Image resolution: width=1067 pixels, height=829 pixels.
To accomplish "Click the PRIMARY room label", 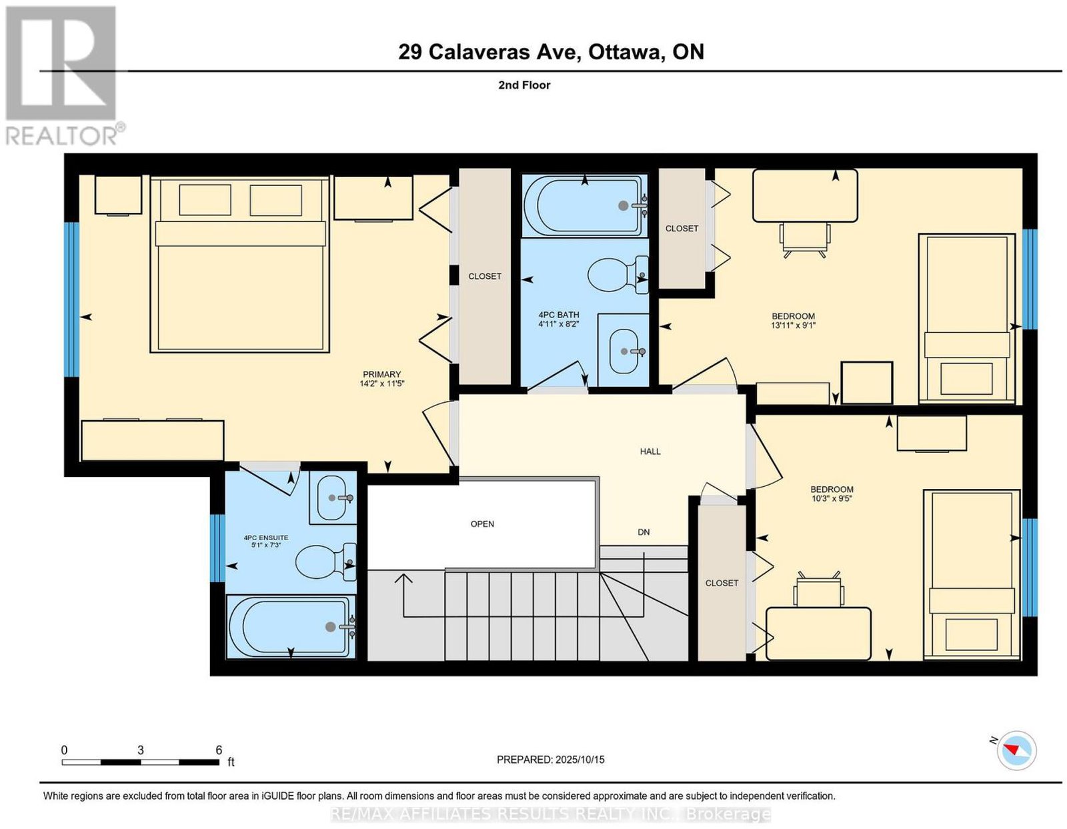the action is click(x=381, y=374).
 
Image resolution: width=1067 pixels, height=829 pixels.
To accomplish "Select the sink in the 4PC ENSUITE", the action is click(x=332, y=498).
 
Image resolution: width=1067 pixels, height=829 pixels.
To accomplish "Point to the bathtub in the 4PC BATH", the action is click(x=584, y=205).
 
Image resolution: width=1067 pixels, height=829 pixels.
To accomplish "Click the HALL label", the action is click(x=650, y=452).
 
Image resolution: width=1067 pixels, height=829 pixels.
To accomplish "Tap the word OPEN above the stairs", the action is click(x=482, y=524).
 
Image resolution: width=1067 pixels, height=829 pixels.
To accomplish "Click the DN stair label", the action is click(x=644, y=532).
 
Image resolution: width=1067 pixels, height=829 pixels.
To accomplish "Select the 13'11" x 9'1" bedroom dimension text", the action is click(x=793, y=325).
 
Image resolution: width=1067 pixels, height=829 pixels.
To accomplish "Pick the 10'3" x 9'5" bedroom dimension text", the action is click(x=832, y=498).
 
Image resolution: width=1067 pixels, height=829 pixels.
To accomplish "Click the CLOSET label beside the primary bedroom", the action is click(x=485, y=276).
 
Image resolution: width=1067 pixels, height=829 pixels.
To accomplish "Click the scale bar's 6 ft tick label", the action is click(x=219, y=750).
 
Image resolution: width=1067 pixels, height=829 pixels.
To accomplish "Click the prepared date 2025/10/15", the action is click(x=580, y=760).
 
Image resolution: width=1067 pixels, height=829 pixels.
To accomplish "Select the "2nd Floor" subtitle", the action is click(x=524, y=85).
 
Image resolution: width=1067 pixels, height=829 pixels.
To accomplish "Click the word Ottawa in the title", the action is click(x=624, y=51).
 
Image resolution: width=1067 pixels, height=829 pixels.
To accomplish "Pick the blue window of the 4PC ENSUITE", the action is click(x=214, y=548).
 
